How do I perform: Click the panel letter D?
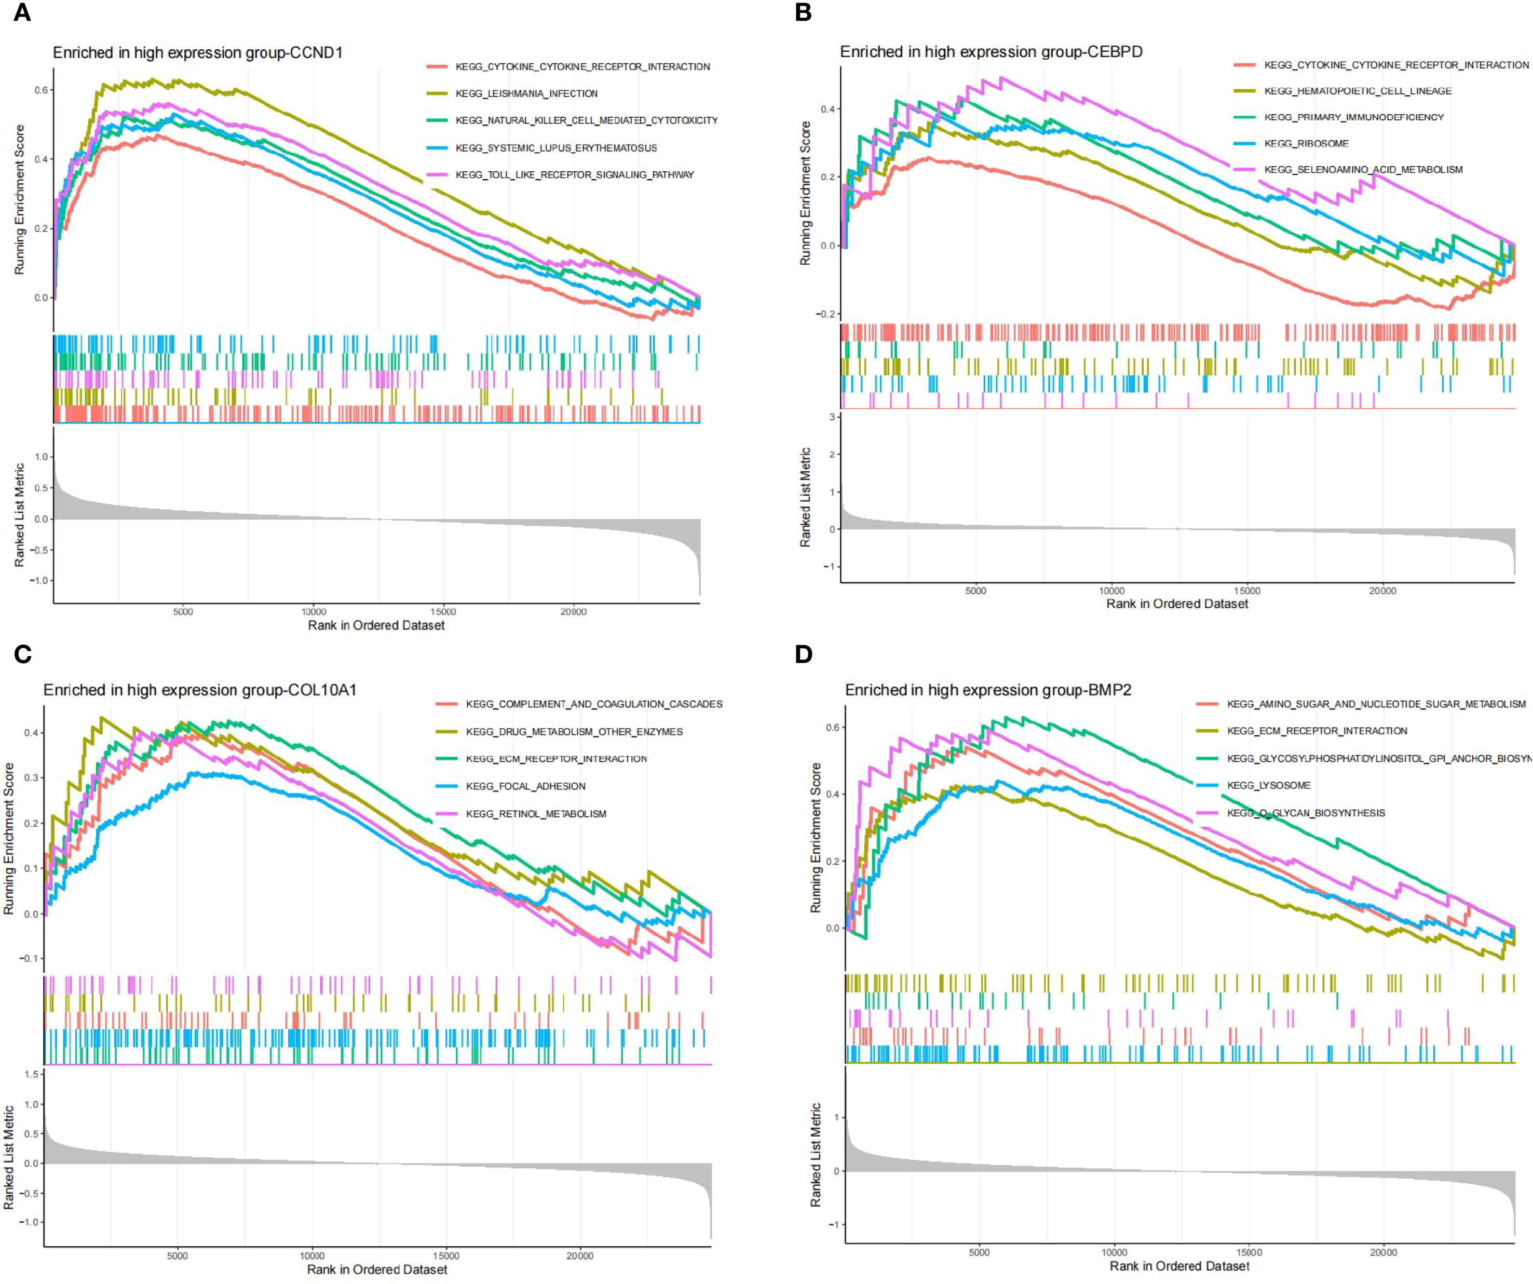tap(803, 654)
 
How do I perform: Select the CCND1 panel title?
tap(197, 52)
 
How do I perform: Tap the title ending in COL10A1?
tap(200, 690)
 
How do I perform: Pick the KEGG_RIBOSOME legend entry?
tap(1306, 143)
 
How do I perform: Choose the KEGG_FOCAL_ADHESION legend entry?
tap(525, 786)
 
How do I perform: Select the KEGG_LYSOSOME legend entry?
tap(1269, 785)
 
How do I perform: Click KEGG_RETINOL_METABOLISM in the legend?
tap(536, 814)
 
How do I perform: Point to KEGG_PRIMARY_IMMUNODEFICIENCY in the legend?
tap(1353, 117)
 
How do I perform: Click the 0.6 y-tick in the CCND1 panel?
tap(41, 90)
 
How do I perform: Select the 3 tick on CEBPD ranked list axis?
tap(832, 417)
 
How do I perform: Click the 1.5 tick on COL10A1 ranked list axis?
tap(31, 1074)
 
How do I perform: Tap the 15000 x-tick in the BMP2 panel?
tap(1249, 1252)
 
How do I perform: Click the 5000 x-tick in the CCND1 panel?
tap(183, 612)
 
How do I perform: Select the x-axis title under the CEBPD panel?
tap(1177, 604)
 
